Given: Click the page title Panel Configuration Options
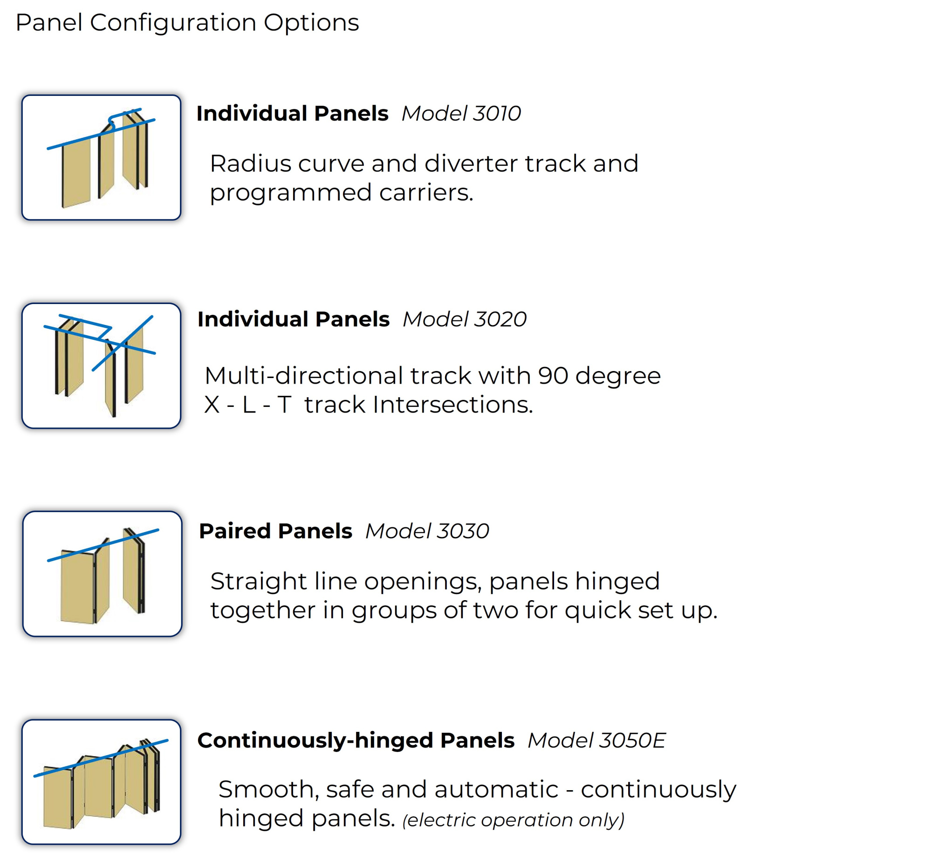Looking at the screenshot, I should [x=187, y=22].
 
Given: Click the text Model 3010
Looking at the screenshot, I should [x=461, y=113].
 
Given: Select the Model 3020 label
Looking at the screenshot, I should [x=464, y=319].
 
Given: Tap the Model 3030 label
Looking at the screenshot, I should [x=427, y=531].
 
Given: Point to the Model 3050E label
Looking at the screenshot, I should [x=596, y=740].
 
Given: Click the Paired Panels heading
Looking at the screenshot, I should [x=275, y=531].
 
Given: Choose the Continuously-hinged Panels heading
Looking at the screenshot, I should [x=356, y=740].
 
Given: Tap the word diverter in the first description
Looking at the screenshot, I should [x=471, y=163].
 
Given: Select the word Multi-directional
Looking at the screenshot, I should [x=303, y=376].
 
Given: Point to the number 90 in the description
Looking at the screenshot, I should [x=553, y=376].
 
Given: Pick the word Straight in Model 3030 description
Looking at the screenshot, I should [x=258, y=581].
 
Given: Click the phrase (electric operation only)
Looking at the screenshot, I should [x=513, y=820].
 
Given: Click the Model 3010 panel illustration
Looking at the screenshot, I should [x=101, y=157].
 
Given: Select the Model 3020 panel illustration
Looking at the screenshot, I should [x=101, y=366].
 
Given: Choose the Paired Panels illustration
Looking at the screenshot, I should [x=102, y=574].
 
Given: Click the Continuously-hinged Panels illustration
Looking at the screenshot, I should [x=101, y=782].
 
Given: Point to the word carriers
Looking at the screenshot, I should [x=426, y=192].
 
